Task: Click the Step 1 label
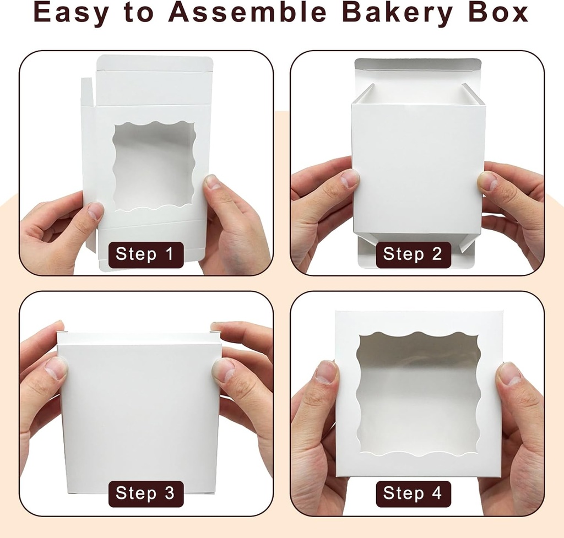[x=144, y=254]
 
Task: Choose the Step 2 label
[x=413, y=254]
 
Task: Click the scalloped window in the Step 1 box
[x=154, y=165]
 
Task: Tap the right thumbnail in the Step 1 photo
[x=214, y=182]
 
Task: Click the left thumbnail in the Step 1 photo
[x=95, y=210]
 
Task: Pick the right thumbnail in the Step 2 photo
[x=487, y=181]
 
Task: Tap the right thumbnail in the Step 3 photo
[x=223, y=370]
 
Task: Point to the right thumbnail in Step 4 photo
[x=509, y=374]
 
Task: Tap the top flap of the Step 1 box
[x=155, y=63]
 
